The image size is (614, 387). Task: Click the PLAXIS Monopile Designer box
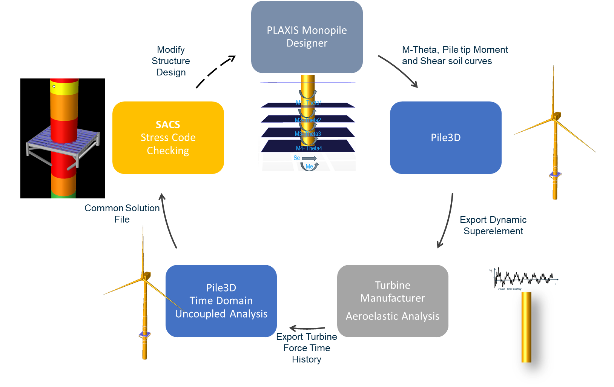pyautogui.click(x=307, y=37)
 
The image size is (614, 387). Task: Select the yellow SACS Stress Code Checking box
pyautogui.click(x=168, y=138)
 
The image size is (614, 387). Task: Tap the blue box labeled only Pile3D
pyautogui.click(x=445, y=138)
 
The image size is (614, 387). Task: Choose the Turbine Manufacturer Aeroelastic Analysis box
pyautogui.click(x=393, y=301)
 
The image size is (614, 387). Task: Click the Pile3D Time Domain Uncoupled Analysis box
pyautogui.click(x=221, y=301)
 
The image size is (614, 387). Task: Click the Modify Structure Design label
pyautogui.click(x=171, y=61)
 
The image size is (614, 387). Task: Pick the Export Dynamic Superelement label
pyautogui.click(x=493, y=225)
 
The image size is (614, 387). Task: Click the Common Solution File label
pyautogui.click(x=122, y=213)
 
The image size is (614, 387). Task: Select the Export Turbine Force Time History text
pyautogui.click(x=307, y=348)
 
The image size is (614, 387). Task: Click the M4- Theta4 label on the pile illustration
pyautogui.click(x=309, y=148)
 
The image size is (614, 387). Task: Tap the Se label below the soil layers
pyautogui.click(x=297, y=158)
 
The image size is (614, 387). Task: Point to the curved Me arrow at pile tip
pyautogui.click(x=310, y=166)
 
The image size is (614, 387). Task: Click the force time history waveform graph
pyautogui.click(x=524, y=279)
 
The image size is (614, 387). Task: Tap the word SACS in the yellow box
pyautogui.click(x=168, y=124)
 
